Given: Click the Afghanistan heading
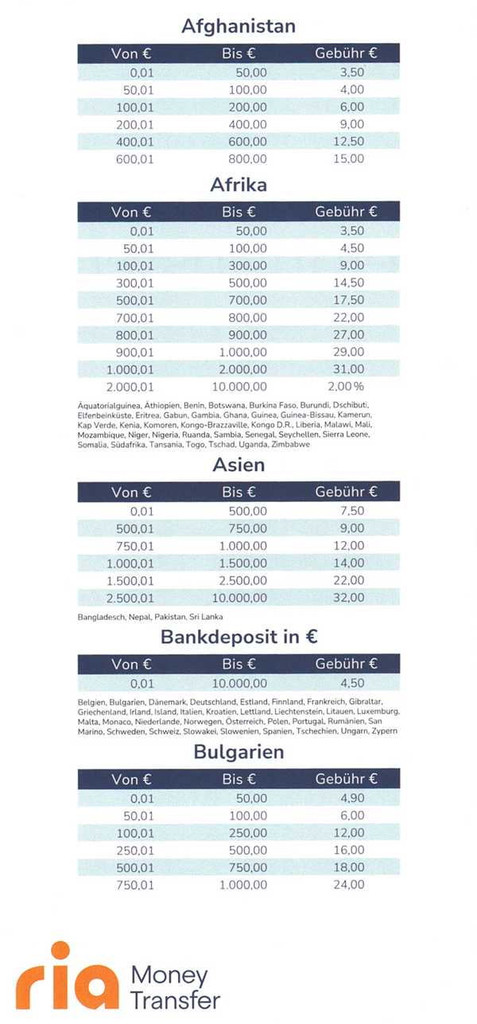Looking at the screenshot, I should click(x=238, y=26).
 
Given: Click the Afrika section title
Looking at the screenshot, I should click(x=238, y=185).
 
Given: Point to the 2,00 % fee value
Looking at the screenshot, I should click(x=346, y=387).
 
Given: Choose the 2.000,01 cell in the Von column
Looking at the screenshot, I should click(x=130, y=387).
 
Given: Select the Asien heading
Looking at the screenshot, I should click(x=238, y=465).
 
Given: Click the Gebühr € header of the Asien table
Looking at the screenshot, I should click(x=346, y=492).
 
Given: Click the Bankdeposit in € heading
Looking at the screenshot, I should click(x=238, y=637).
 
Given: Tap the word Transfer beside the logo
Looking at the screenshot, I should click(x=175, y=999).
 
